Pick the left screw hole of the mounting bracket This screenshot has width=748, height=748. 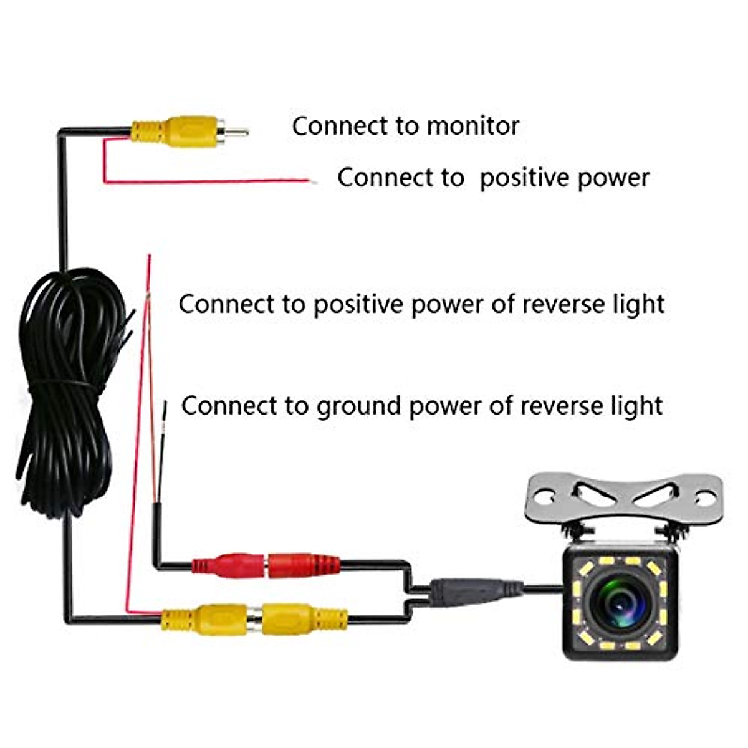pyautogui.click(x=544, y=498)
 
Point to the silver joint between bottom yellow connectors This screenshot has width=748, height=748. pyautogui.click(x=254, y=619)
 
